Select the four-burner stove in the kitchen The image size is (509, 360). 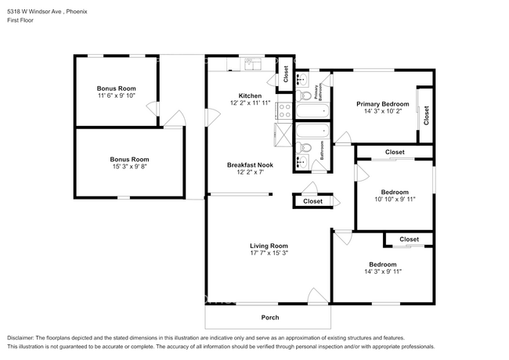click(284, 94)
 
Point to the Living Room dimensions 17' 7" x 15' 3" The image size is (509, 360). click(269, 254)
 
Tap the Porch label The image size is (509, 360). click(269, 317)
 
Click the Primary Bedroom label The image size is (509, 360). click(382, 103)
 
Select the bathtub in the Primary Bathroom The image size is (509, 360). click(313, 113)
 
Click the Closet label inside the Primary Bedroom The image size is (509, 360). click(426, 116)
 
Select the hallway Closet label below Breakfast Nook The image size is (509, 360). click(312, 201)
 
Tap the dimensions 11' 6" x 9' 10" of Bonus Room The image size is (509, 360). click(117, 96)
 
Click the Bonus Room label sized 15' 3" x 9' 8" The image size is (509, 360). click(128, 159)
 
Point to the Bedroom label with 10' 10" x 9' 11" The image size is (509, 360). click(394, 192)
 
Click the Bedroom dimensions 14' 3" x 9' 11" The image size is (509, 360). click(382, 272)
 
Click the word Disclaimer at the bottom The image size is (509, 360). click(23, 337)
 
